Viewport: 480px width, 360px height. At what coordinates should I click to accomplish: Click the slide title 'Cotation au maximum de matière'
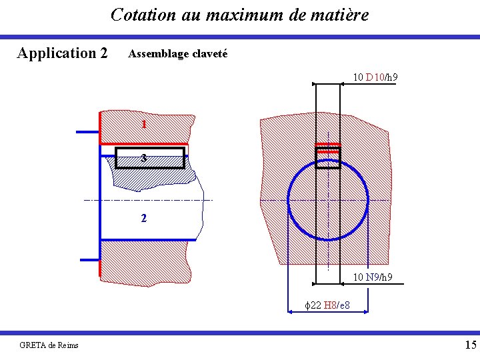(239, 14)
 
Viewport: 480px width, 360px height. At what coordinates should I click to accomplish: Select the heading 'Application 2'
(62, 53)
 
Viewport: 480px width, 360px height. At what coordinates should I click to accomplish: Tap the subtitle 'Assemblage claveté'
(177, 53)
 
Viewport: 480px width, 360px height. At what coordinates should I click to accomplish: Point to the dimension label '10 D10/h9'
(375, 77)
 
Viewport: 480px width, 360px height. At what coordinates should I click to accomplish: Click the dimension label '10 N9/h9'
(372, 277)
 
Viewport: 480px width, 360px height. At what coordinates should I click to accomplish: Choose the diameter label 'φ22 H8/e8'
(327, 305)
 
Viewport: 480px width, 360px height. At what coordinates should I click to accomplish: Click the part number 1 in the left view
(144, 125)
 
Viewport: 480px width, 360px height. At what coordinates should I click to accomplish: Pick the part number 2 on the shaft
(144, 218)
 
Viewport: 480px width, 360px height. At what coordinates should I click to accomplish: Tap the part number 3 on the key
(144, 158)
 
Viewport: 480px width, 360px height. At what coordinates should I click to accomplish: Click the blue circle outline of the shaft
(289, 200)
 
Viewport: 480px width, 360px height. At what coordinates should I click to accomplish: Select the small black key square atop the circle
(327, 158)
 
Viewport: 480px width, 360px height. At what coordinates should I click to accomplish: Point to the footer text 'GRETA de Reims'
(49, 345)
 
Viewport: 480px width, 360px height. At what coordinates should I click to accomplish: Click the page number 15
(470, 345)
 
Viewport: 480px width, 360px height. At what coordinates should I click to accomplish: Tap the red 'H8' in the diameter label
(329, 305)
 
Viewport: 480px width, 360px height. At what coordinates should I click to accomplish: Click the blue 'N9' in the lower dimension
(373, 277)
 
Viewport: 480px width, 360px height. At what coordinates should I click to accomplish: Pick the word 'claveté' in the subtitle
(209, 53)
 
